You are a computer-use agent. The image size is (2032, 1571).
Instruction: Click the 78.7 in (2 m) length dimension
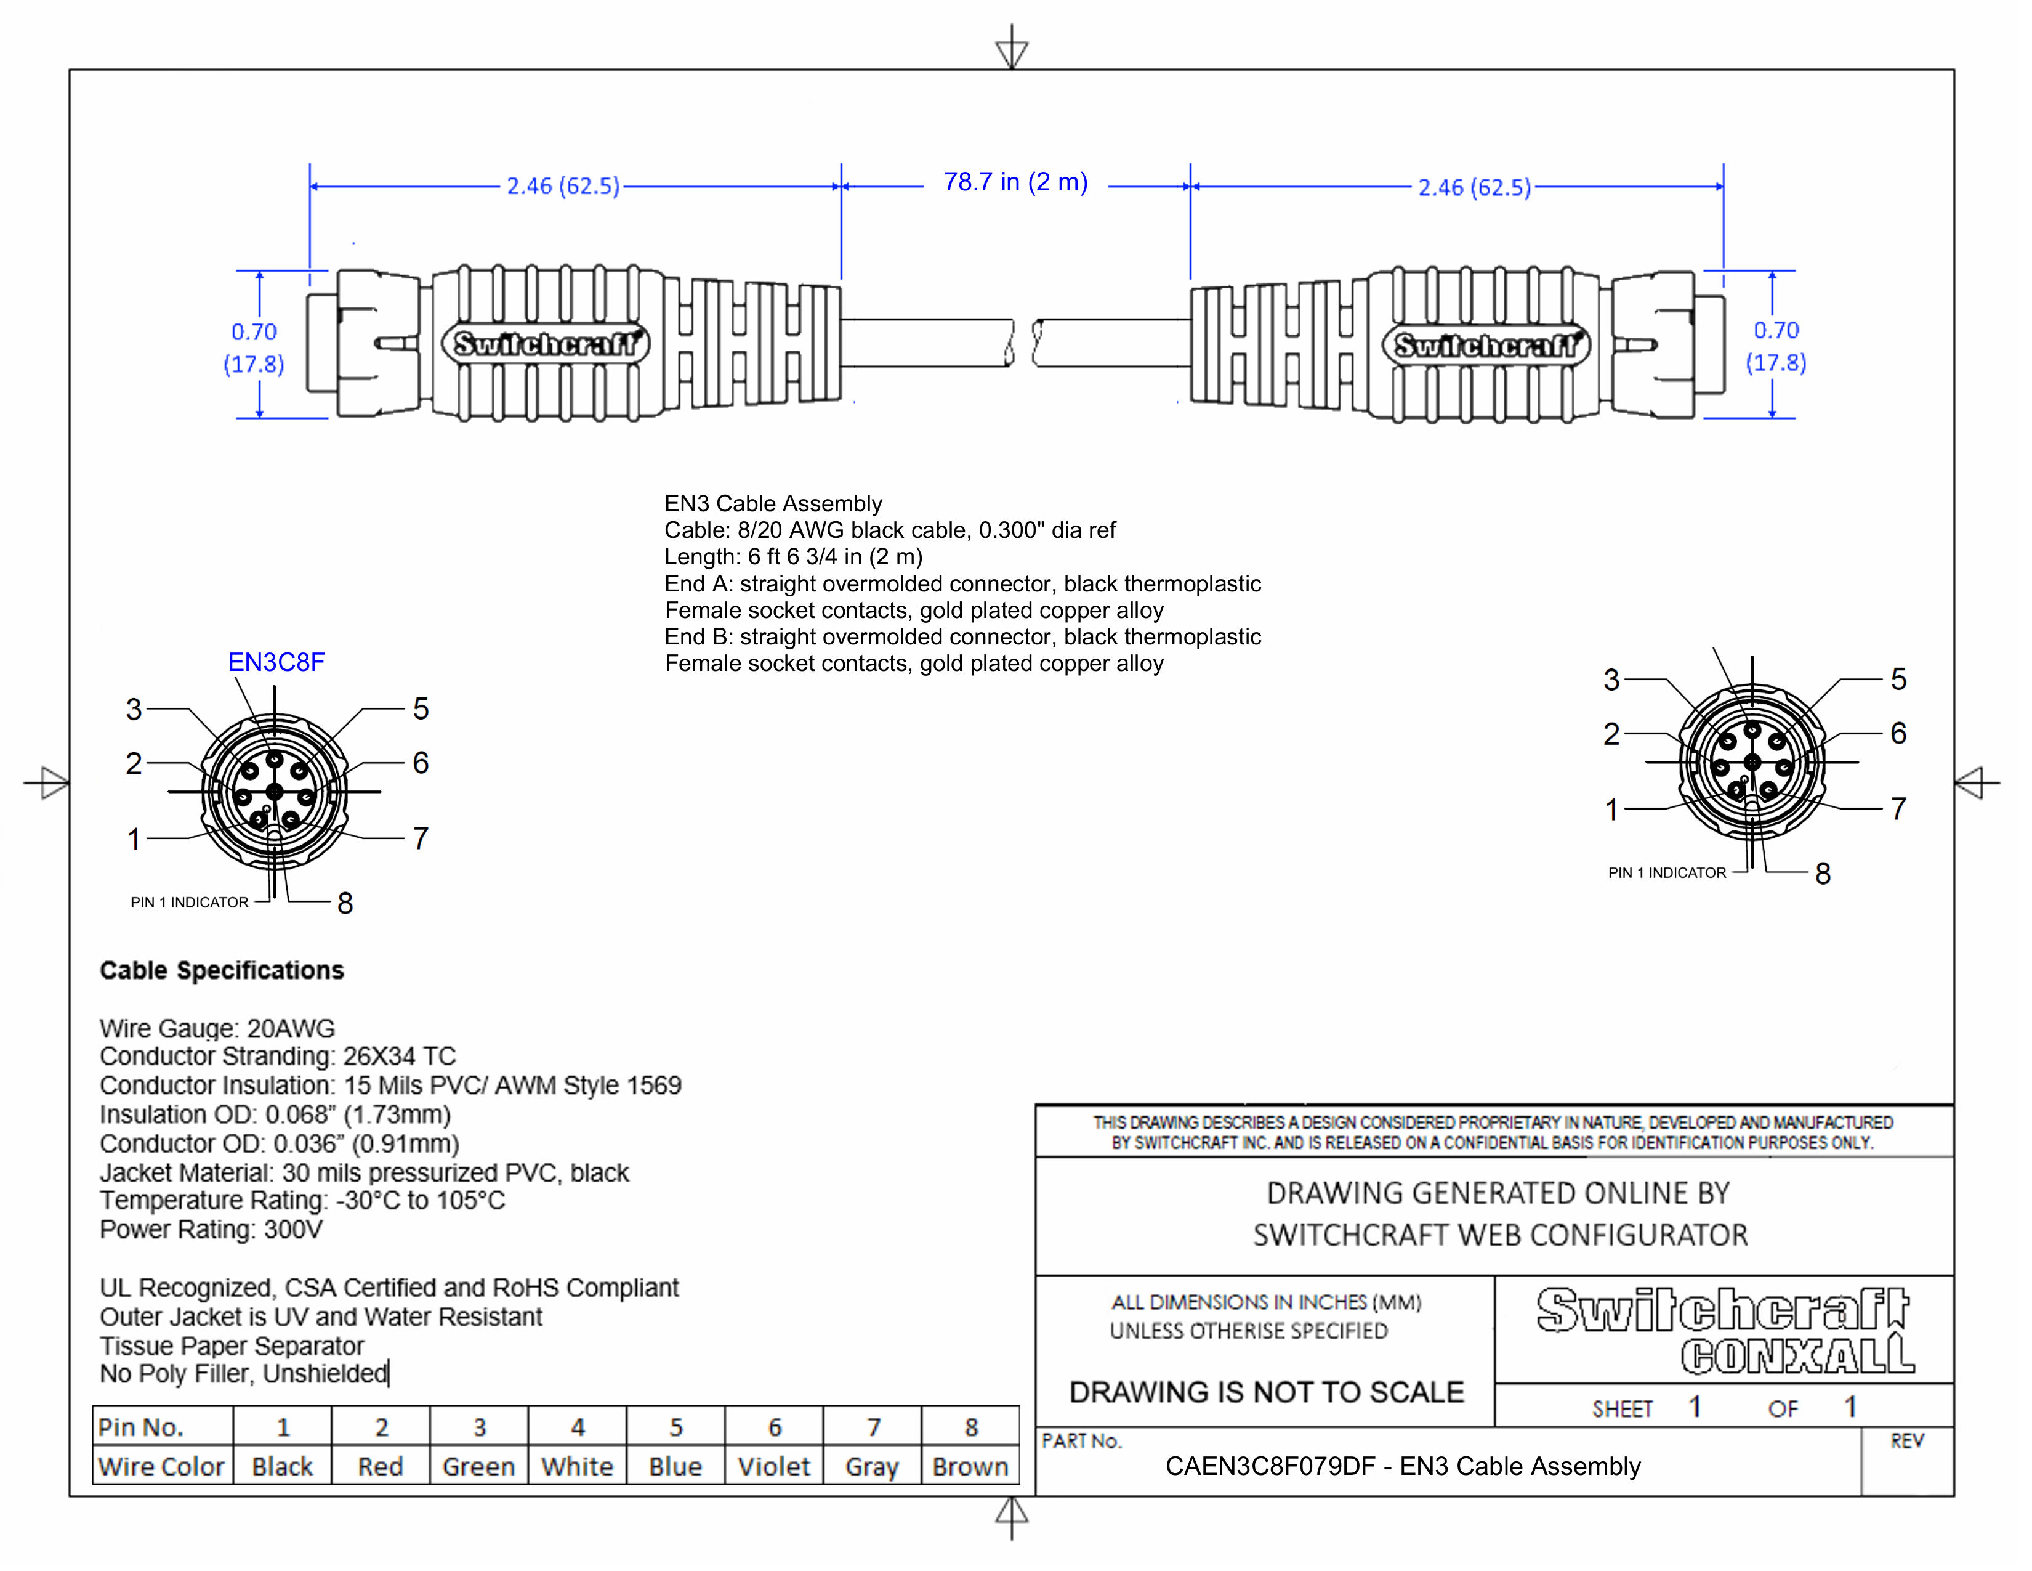(x=1015, y=182)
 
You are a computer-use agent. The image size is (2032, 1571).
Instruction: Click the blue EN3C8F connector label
(x=276, y=663)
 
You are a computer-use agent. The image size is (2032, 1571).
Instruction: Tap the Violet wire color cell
(x=774, y=1467)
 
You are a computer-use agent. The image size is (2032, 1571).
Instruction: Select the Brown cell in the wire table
(x=970, y=1467)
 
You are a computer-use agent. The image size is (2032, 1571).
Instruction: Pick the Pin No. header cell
(x=142, y=1427)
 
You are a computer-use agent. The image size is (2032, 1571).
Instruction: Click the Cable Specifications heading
(x=222, y=971)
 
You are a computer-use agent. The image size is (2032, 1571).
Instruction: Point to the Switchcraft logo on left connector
(x=546, y=344)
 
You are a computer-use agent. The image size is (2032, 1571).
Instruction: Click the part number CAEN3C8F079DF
(x=1270, y=1467)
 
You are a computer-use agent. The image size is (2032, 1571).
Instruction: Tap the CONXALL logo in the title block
(x=1797, y=1356)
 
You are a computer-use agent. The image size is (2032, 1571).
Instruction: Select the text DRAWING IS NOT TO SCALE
(x=1266, y=1392)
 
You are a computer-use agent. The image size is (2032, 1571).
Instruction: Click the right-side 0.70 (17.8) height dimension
(x=1776, y=346)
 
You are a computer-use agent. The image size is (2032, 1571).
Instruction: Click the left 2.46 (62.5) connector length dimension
(x=563, y=186)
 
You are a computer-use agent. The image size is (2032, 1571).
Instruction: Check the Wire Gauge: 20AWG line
(x=217, y=1028)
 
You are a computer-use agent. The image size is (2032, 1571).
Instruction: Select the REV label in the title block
(x=1906, y=1442)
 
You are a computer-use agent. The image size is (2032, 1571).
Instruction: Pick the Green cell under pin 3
(x=478, y=1467)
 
